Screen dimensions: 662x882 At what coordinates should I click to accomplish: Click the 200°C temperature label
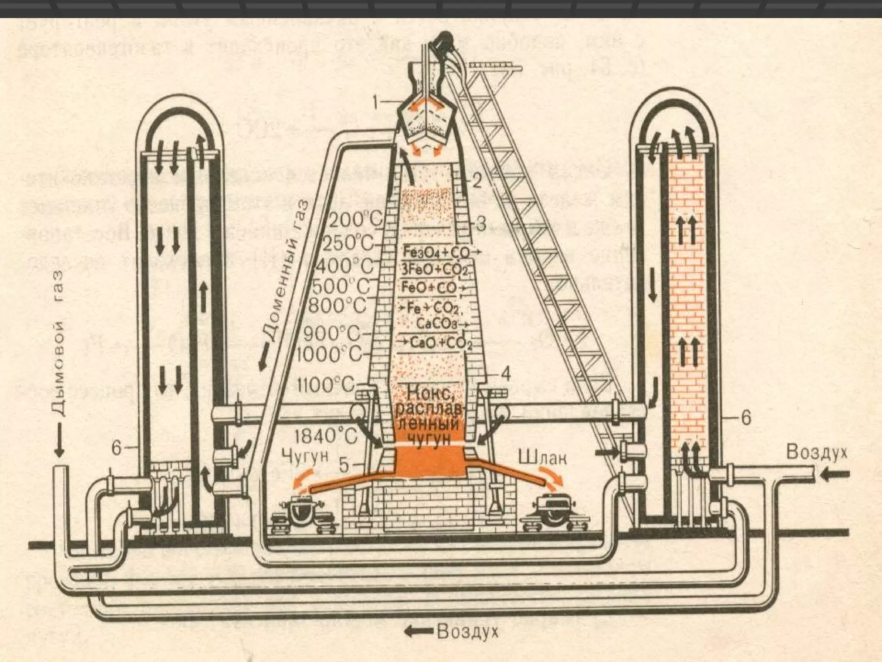[x=356, y=221]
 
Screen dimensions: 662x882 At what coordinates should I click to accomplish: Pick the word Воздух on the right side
[x=817, y=452]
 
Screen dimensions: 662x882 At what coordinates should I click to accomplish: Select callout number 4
[x=505, y=374]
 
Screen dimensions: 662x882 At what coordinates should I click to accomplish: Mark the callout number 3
[x=481, y=224]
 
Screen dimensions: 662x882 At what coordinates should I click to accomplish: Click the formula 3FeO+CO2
[x=435, y=270]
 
